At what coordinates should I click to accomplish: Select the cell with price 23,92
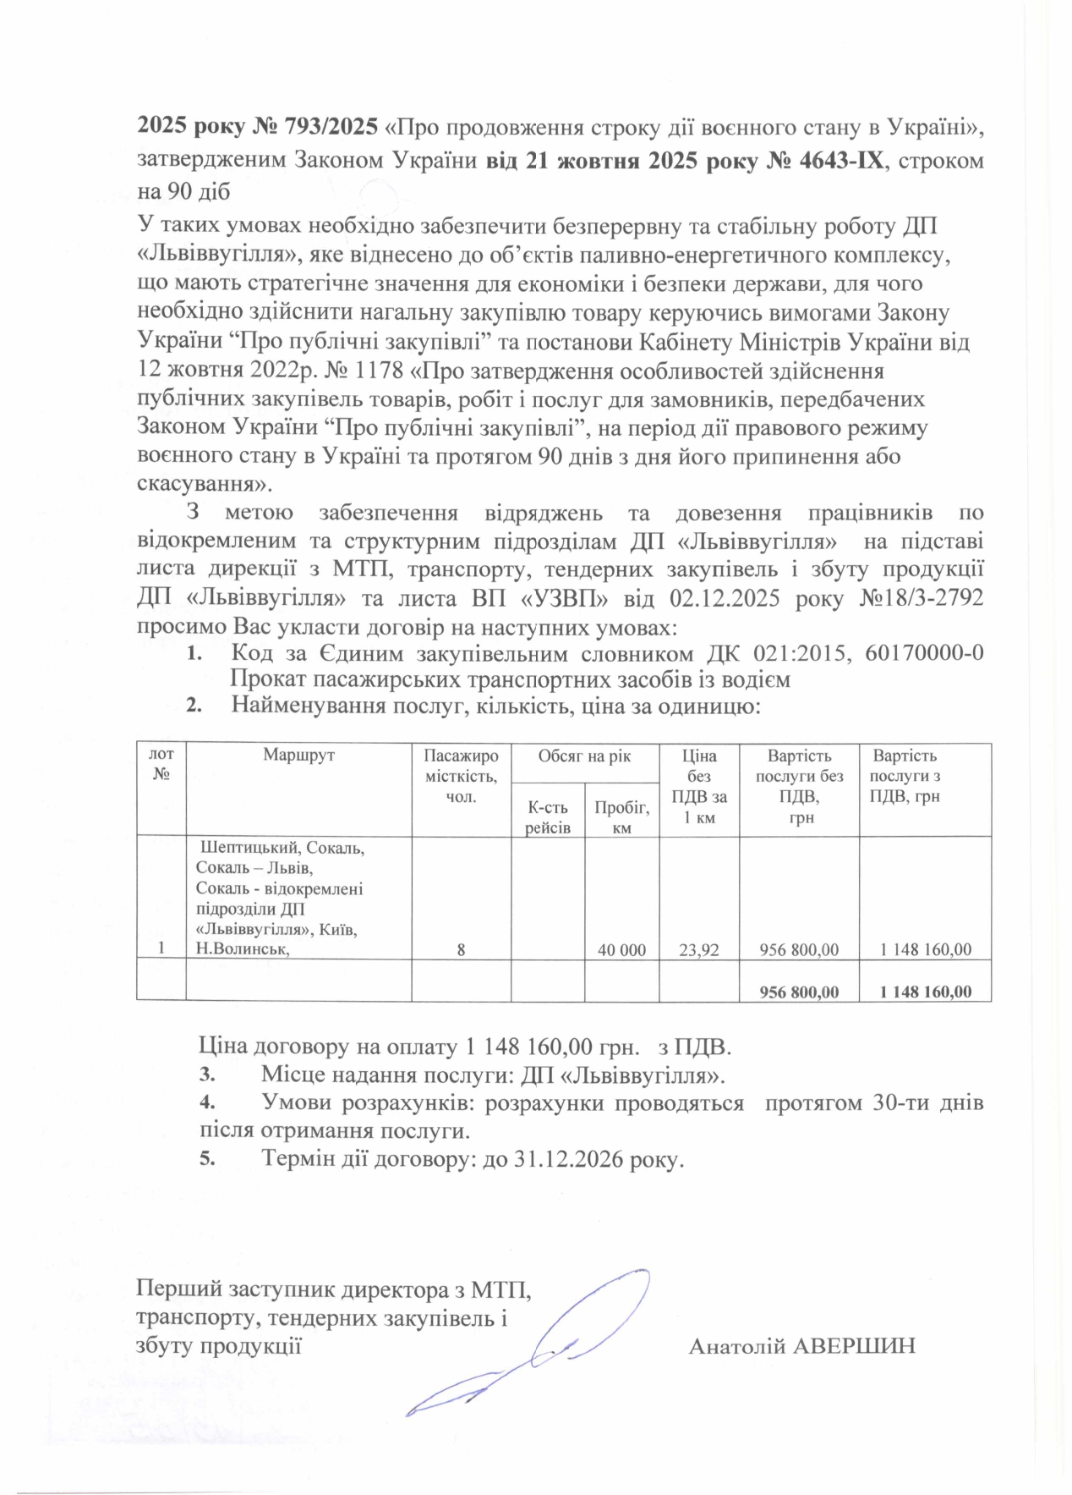point(698,949)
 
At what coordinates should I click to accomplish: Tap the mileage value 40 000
point(621,949)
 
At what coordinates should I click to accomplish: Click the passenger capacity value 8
point(461,949)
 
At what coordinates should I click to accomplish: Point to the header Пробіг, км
point(621,816)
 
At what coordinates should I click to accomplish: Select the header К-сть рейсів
point(548,816)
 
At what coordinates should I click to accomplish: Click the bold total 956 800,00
point(799,991)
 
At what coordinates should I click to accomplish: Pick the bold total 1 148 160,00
point(925,991)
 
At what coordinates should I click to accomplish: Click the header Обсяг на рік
point(584,756)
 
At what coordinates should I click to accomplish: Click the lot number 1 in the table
point(161,949)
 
